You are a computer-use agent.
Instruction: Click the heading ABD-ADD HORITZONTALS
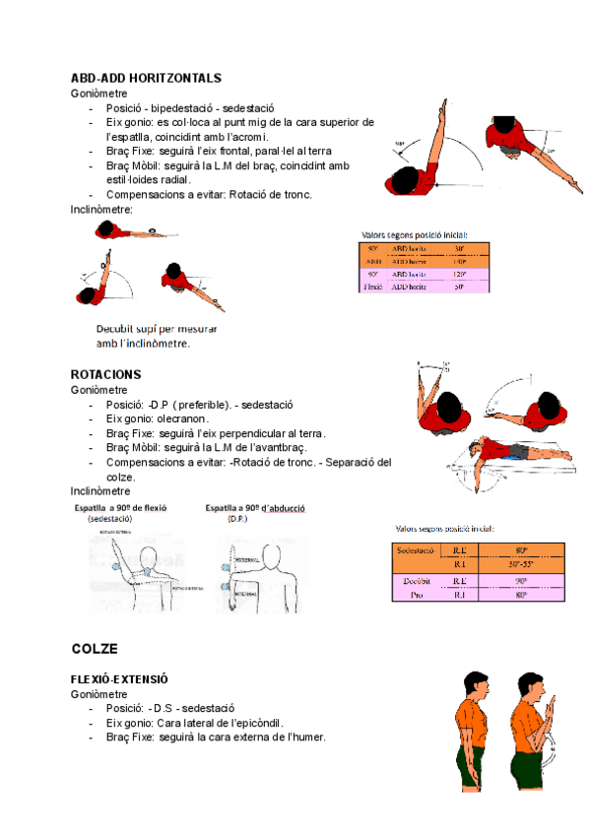tap(146, 78)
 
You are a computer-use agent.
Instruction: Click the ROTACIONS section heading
tap(106, 374)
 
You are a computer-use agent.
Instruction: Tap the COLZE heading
tap(95, 649)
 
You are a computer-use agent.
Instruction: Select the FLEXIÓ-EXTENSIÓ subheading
tap(119, 679)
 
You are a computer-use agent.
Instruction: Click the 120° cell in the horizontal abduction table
tap(459, 275)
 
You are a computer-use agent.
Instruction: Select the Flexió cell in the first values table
tap(373, 287)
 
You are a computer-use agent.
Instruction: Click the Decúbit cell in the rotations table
tap(417, 581)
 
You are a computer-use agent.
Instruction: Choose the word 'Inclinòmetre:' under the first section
tap(101, 209)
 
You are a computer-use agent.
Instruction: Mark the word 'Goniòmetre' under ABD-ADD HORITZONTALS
tap(98, 93)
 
